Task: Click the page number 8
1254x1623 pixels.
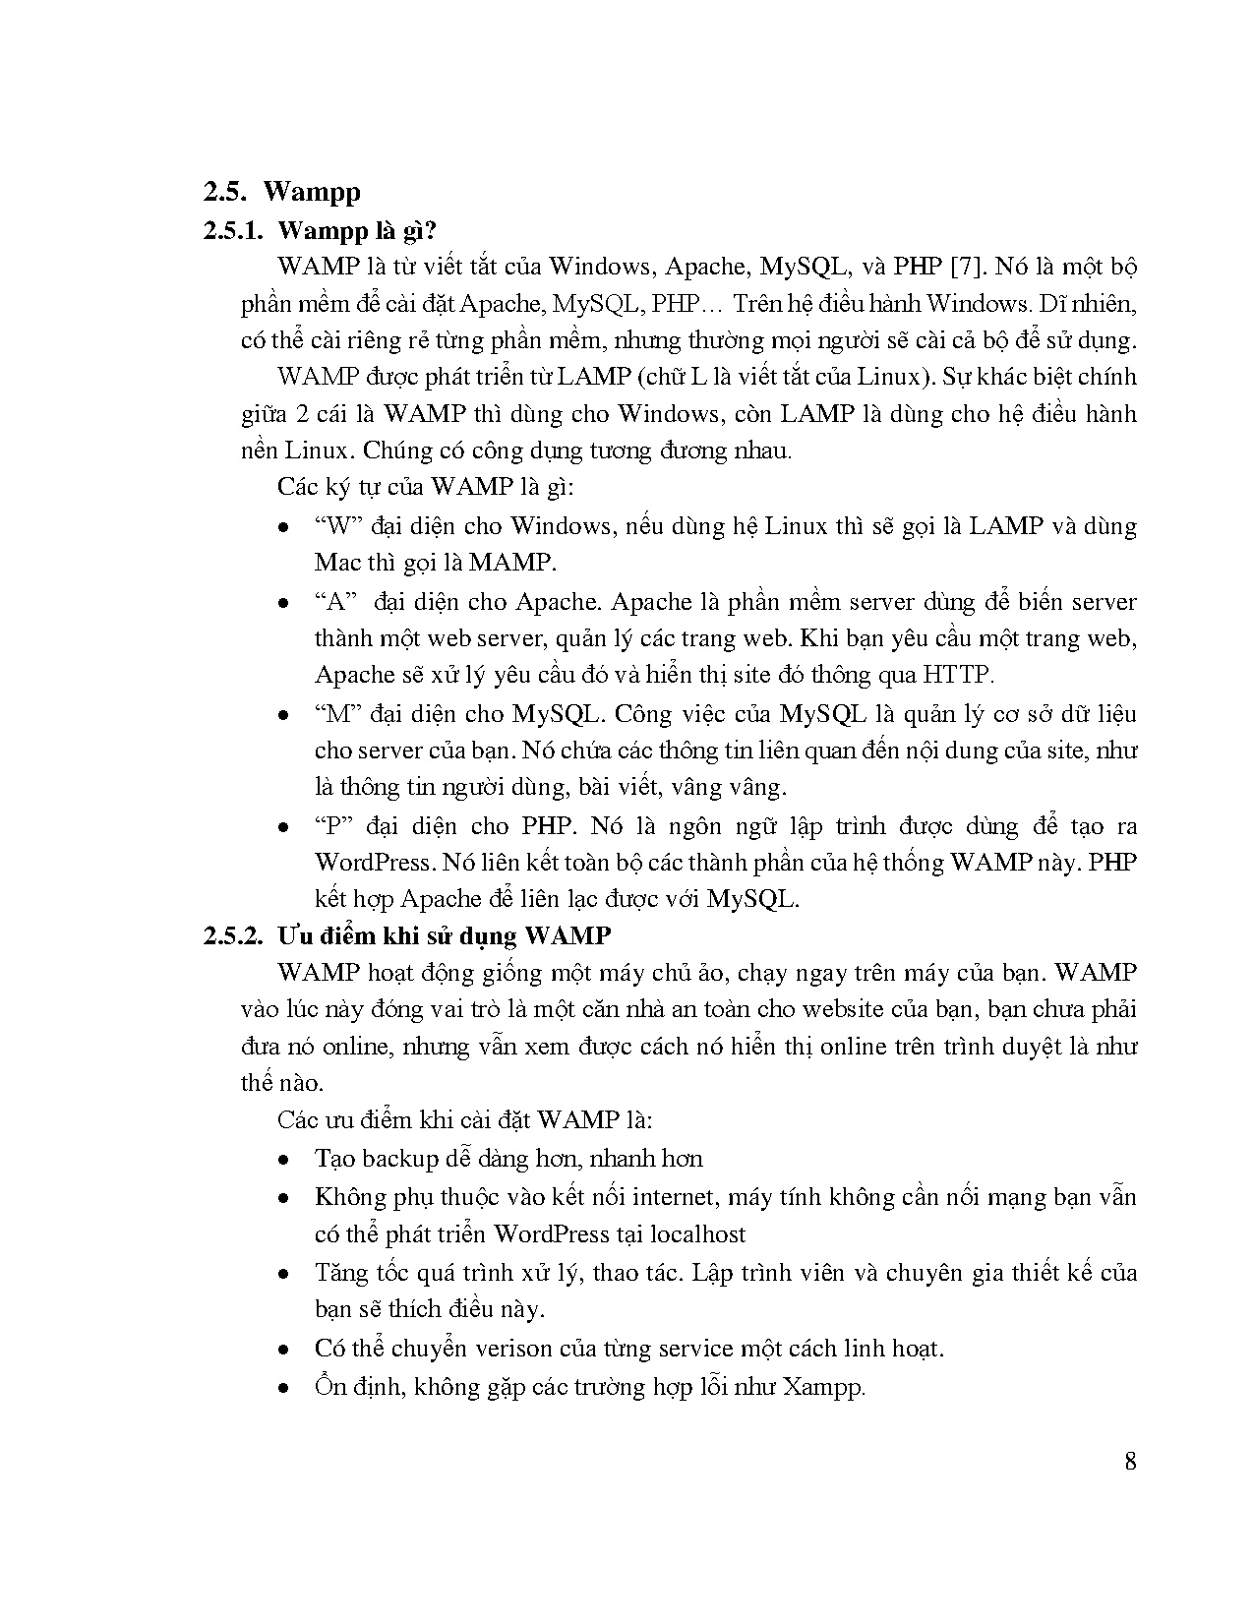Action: click(1130, 1461)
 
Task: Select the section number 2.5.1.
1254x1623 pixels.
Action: click(233, 230)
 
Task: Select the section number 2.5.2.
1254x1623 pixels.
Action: click(233, 934)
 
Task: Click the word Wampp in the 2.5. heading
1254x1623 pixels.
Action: click(312, 191)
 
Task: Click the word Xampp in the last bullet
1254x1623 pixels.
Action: click(824, 1387)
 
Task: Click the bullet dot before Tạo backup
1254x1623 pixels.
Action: click(283, 1160)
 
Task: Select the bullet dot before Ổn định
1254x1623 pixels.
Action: click(283, 1388)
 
